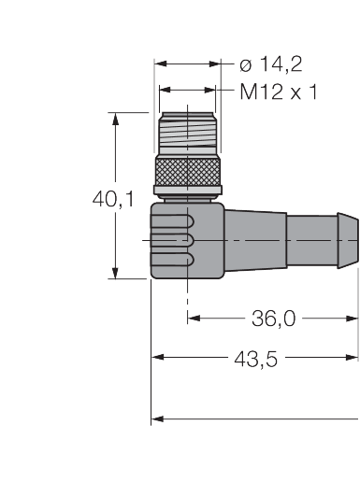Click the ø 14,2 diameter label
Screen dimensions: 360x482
click(271, 64)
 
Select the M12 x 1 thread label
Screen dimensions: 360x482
click(279, 92)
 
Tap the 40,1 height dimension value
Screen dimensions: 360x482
click(113, 199)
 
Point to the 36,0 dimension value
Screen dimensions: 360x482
click(273, 319)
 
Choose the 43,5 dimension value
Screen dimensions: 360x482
click(255, 359)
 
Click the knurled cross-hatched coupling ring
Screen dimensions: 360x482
click(188, 172)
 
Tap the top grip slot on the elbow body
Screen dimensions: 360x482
click(172, 221)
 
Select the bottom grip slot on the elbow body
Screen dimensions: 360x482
click(172, 260)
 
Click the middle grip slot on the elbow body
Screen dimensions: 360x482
click(172, 240)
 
